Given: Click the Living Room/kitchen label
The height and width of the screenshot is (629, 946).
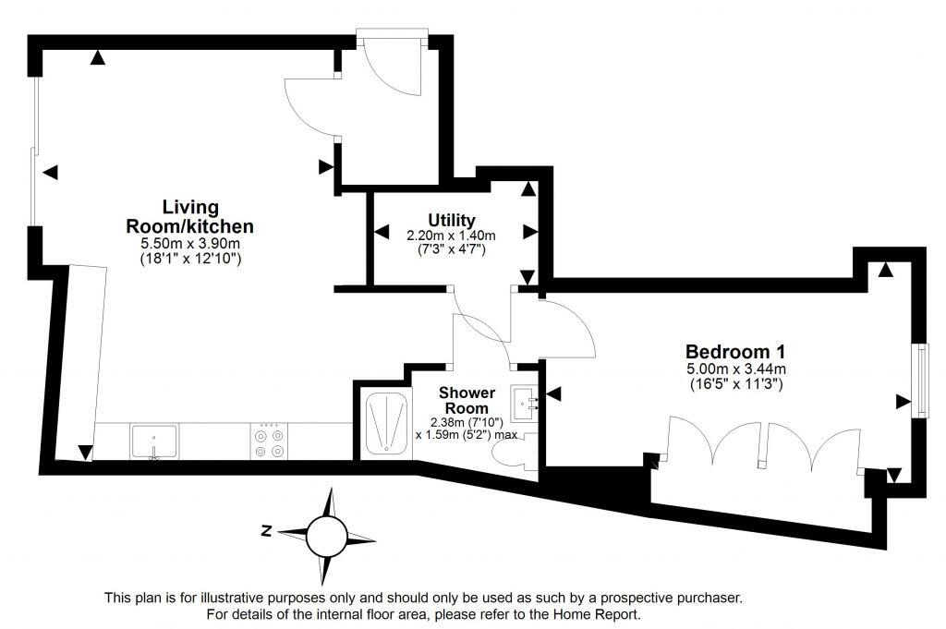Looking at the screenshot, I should click(x=189, y=216).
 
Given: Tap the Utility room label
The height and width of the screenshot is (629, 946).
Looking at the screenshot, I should click(x=452, y=220).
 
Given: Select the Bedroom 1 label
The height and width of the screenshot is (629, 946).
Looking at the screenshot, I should click(x=735, y=352).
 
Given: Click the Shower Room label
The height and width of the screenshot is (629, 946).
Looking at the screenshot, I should click(x=467, y=401).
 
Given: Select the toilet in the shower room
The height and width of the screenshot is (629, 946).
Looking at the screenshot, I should click(x=511, y=454).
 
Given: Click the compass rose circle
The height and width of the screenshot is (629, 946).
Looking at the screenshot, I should click(x=328, y=534).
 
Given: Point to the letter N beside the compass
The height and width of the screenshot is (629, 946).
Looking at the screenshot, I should click(x=266, y=531).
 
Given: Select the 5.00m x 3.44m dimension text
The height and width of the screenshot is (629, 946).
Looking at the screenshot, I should click(x=736, y=369).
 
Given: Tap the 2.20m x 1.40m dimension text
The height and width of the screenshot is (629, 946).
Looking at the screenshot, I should click(x=452, y=236).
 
